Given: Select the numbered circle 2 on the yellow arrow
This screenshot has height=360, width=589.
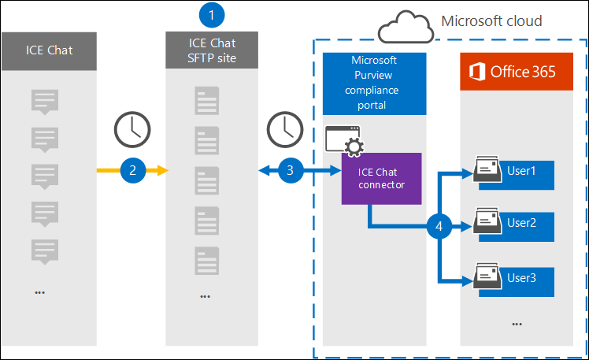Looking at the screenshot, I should tap(133, 169).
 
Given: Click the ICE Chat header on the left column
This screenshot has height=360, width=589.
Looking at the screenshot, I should tap(50, 50).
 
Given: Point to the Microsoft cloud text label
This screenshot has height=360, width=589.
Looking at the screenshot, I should tap(491, 20).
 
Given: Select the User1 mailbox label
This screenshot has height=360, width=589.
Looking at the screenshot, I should tap(521, 171).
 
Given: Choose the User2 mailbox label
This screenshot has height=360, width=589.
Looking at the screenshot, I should tap(521, 223).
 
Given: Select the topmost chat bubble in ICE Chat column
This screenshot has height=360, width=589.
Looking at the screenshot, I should tap(44, 102).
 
